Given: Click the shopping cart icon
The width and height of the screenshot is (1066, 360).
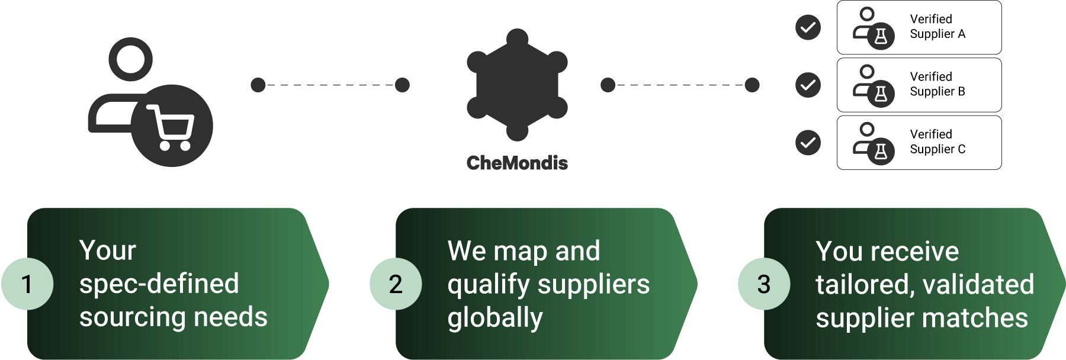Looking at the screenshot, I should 171,127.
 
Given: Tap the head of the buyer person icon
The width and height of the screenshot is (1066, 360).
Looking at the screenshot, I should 130,59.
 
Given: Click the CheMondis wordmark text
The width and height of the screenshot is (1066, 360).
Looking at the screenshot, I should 517,163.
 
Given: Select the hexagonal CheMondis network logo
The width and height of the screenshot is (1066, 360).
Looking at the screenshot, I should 517,85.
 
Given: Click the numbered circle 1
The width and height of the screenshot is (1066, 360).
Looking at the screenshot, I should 27,284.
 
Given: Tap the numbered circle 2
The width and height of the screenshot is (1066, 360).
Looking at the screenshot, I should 396,284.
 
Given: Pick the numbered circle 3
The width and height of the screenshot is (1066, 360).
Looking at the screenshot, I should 764,284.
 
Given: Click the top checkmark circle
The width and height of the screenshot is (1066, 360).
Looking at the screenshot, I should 808,27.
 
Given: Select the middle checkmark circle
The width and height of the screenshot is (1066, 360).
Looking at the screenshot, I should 808,85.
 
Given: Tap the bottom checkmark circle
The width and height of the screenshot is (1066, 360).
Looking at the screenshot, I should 808,143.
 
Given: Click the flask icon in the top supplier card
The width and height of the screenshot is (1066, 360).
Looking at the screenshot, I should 881,37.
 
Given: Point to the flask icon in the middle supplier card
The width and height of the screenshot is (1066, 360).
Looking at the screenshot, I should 881,94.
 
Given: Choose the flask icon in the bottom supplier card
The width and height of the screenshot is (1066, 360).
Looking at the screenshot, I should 881,152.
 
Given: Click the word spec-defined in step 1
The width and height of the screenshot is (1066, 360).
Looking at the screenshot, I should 159,284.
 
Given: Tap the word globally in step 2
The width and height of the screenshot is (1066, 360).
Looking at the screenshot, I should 495,318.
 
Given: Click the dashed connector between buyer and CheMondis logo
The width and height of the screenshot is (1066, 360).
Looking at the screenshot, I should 330,85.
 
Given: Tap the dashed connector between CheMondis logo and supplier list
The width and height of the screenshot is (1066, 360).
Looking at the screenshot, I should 680,85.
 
